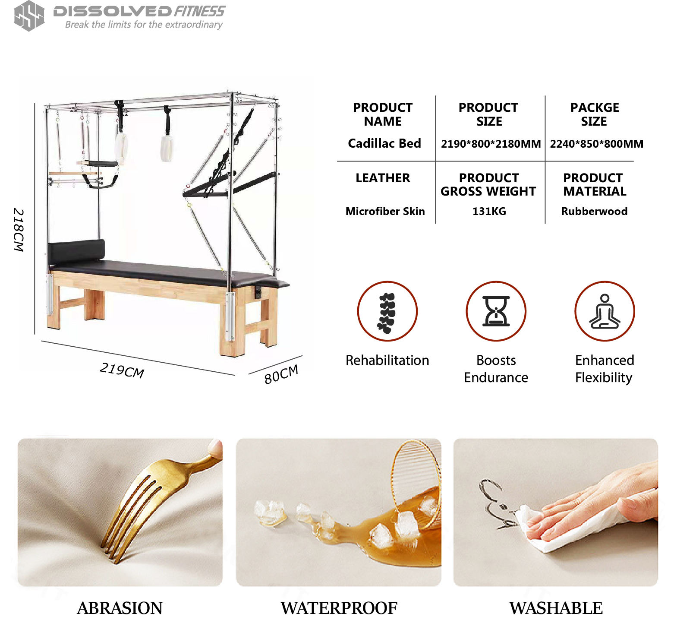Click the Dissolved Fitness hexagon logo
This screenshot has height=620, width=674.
(29, 16)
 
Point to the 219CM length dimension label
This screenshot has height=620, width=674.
(122, 370)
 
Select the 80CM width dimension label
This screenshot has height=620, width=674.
(281, 374)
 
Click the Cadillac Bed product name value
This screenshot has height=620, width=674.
(384, 143)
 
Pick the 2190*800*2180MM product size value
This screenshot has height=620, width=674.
(491, 144)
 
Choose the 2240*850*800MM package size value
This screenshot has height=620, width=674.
(596, 144)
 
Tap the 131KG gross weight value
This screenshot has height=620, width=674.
(489, 211)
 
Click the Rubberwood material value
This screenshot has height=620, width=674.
(594, 211)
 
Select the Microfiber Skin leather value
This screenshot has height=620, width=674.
(385, 211)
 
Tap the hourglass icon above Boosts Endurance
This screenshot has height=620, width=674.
(496, 311)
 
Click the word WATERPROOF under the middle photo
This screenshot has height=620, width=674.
(339, 608)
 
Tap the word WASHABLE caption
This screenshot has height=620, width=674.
(556, 608)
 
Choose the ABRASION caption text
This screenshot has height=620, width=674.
(120, 608)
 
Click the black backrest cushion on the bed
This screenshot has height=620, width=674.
(76, 251)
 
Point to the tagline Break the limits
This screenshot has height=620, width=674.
(144, 25)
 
